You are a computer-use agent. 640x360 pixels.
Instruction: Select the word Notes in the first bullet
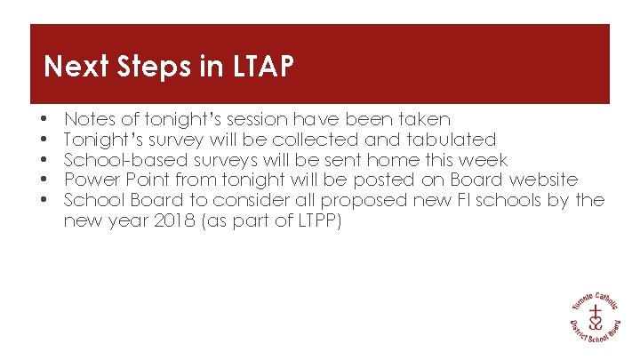click(x=88, y=119)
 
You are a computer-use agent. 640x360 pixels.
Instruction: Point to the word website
click(x=546, y=180)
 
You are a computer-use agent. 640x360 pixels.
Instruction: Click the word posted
click(x=357, y=180)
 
